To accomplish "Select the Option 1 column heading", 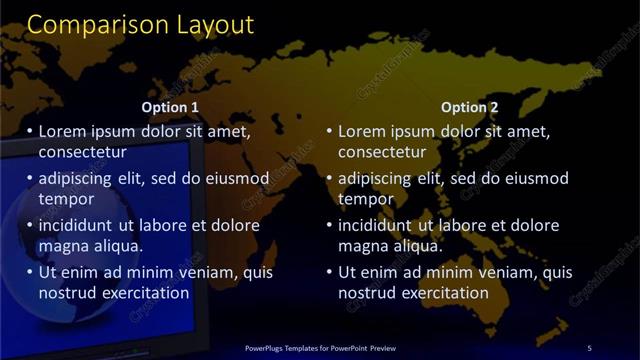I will point(170,107).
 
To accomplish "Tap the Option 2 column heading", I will point(469,107).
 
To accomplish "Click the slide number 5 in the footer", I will point(589,347).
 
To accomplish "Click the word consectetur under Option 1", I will point(82,152).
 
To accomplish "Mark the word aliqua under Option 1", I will point(117,246).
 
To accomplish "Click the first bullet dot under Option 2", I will point(329,131).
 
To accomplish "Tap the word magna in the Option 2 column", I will point(362,246).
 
